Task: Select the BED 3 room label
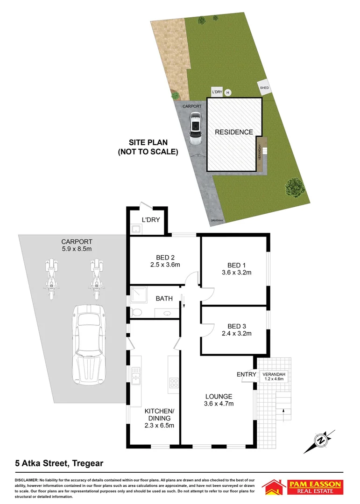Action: pyautogui.click(x=236, y=326)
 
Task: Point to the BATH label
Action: pyautogui.click(x=164, y=298)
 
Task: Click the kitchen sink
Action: pyautogui.click(x=136, y=375)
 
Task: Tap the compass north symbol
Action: pyautogui.click(x=321, y=439)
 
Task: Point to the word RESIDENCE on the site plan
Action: pyautogui.click(x=233, y=132)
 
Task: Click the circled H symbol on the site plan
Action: pyautogui.click(x=228, y=93)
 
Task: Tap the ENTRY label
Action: pyautogui.click(x=246, y=374)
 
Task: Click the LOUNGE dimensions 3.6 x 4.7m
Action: pyautogui.click(x=219, y=404)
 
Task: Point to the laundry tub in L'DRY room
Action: pyautogui.click(x=136, y=229)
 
